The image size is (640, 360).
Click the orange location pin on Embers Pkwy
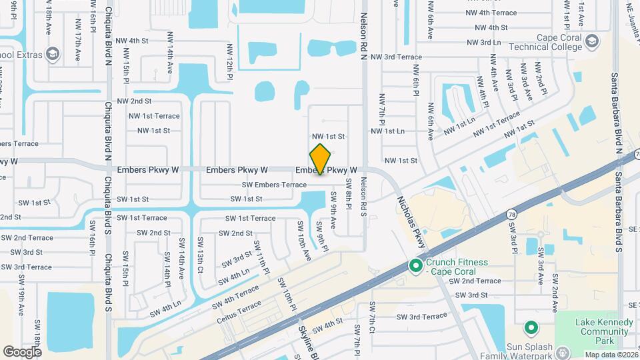(x=320, y=159)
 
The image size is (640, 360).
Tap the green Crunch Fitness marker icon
(x=416, y=266)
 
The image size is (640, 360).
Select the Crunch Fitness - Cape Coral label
(x=457, y=267)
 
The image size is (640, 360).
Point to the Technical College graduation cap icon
(x=591, y=43)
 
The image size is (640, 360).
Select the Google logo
(x=22, y=351)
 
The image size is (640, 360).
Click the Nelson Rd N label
(x=364, y=37)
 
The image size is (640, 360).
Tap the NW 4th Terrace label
(x=491, y=13)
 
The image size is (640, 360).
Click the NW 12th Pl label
(x=229, y=69)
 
